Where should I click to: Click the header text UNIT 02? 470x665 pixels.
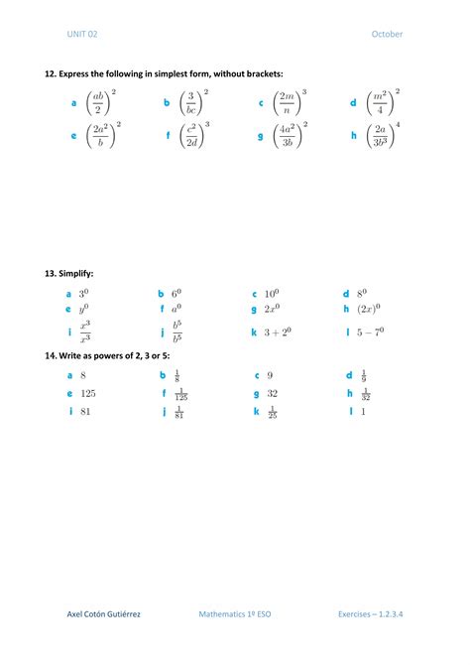[82, 34]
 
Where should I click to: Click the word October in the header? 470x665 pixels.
[387, 34]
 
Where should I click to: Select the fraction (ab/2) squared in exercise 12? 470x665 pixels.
[102, 102]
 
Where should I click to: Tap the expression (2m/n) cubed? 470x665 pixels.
[290, 102]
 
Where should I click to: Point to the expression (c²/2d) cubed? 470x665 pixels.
[195, 135]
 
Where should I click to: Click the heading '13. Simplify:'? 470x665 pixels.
[68, 272]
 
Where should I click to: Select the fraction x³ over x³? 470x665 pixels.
[85, 332]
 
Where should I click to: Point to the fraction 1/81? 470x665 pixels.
[179, 411]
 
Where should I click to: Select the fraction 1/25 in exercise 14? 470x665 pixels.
[272, 411]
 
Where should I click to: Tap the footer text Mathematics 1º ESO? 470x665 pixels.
[235, 614]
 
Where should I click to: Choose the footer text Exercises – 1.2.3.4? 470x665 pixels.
[370, 614]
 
